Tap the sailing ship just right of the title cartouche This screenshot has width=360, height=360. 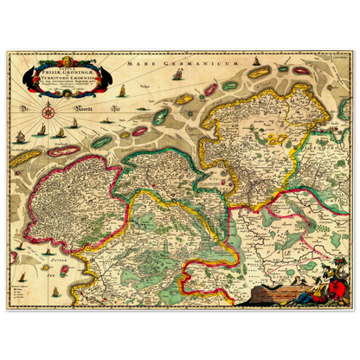(x=120, y=89)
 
